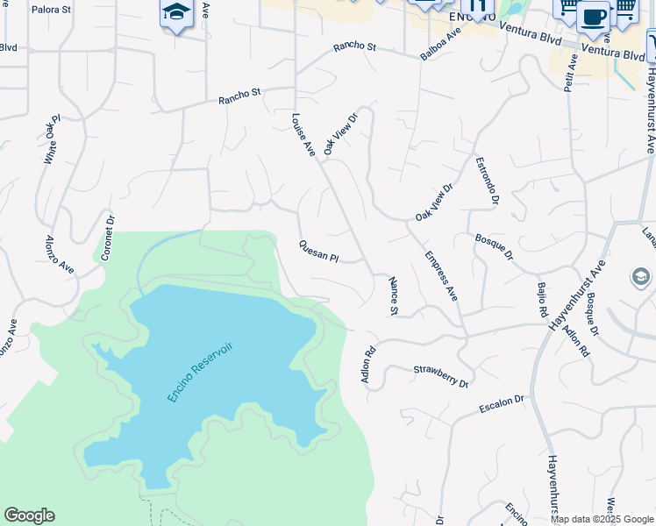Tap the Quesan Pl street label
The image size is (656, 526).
click(318, 252)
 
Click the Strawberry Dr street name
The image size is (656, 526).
click(441, 377)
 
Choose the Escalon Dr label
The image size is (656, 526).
click(501, 404)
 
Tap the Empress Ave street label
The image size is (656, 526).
click(441, 276)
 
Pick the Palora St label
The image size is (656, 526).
click(50, 11)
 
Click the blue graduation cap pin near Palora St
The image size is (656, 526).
click(176, 13)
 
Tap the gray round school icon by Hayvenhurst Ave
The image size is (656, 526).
click(641, 278)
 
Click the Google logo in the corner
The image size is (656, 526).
click(29, 515)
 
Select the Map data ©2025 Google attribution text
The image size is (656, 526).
click(602, 519)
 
